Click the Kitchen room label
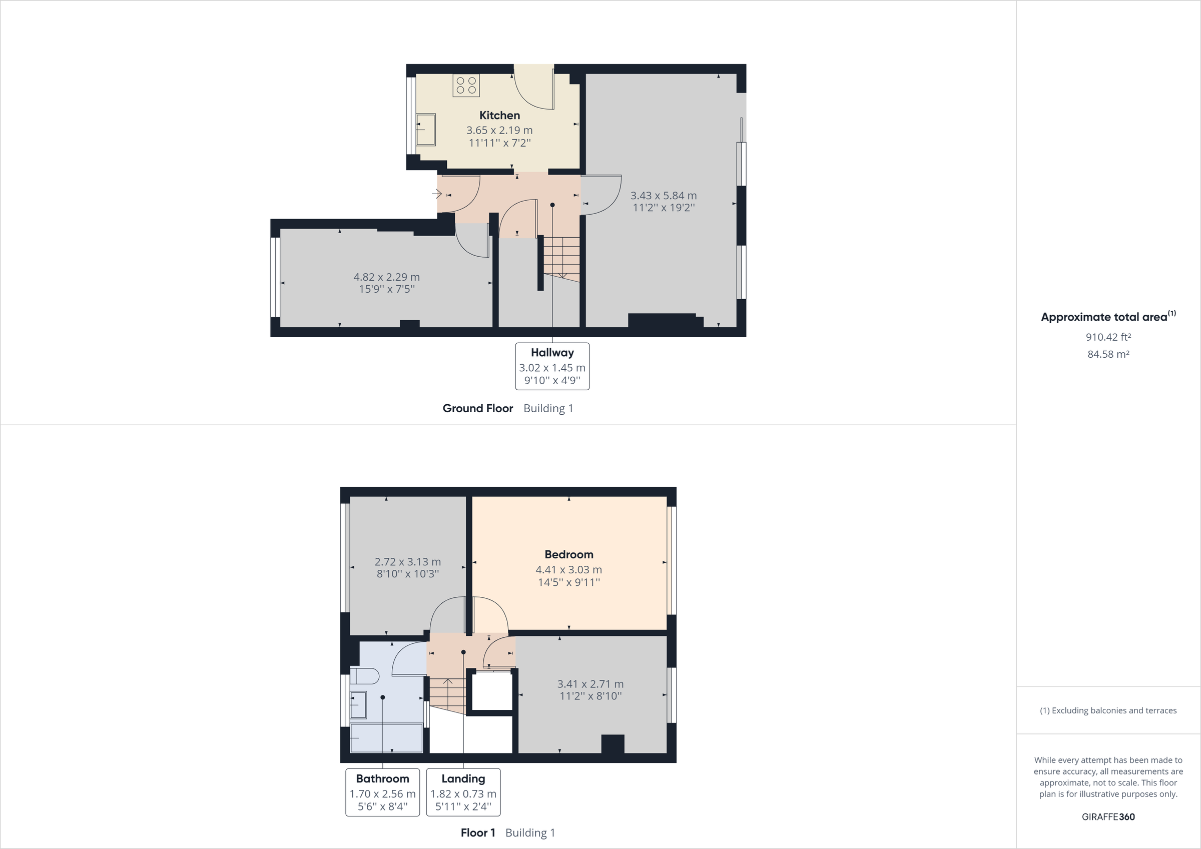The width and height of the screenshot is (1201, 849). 499,116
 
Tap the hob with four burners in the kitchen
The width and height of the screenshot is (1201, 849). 466,86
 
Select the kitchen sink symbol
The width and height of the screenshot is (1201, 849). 426,129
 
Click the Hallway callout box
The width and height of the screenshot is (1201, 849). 552,366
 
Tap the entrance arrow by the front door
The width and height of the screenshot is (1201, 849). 437,194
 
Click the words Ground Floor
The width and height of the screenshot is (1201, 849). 477,409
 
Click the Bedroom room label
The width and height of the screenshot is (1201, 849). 568,554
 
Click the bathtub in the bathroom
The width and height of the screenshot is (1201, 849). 386,738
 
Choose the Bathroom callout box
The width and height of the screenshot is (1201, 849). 382,792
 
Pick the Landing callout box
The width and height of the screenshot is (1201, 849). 463,792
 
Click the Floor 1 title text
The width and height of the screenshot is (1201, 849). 477,833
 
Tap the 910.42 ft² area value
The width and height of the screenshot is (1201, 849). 1108,337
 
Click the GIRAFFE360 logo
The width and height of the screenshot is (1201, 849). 1108,816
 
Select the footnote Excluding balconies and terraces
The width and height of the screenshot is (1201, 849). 1108,710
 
